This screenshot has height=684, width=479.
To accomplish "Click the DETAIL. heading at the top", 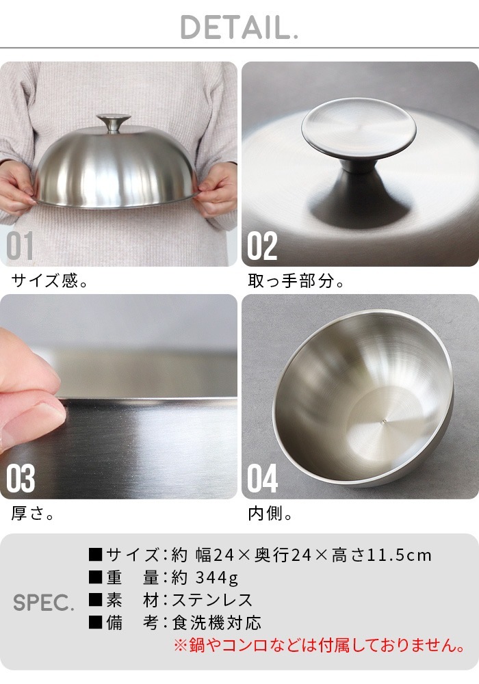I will pos(239,27).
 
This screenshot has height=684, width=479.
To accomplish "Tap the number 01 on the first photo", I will pos(20,246).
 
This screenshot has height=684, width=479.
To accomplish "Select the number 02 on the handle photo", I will pos(262,246).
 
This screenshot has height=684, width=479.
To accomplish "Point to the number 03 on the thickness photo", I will pos(21,479).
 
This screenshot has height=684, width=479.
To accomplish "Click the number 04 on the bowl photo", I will pos(263,479).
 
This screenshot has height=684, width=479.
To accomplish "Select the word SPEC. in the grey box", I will pos(43,603).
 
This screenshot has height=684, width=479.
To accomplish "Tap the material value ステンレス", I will pos(212,601).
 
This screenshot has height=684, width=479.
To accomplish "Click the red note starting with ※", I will pos(319,645).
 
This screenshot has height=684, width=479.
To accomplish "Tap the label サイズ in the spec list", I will pos(131,555).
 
